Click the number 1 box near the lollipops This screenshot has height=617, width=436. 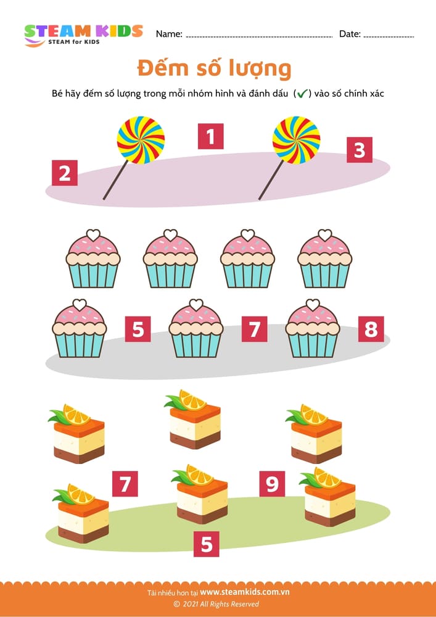(x=211, y=136)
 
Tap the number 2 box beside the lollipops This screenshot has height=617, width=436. (x=65, y=173)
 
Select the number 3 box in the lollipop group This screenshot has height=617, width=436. (x=360, y=150)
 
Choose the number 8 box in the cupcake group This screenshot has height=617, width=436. (x=371, y=329)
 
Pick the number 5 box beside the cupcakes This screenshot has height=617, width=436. (x=138, y=329)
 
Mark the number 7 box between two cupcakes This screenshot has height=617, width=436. (x=254, y=329)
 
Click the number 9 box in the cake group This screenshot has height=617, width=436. (x=272, y=484)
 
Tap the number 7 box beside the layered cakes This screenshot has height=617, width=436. (x=125, y=484)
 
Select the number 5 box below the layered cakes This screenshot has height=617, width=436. (x=207, y=544)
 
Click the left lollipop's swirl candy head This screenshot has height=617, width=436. (x=141, y=139)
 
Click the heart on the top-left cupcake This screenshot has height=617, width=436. (x=93, y=235)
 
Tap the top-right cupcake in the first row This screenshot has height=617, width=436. (x=325, y=259)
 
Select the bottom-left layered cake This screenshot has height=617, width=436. (x=81, y=513)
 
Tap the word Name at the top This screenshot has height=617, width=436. (x=169, y=34)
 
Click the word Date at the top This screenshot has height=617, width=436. (x=350, y=34)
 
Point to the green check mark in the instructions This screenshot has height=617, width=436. (x=302, y=94)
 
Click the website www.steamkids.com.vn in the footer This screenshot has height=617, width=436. (x=245, y=592)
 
